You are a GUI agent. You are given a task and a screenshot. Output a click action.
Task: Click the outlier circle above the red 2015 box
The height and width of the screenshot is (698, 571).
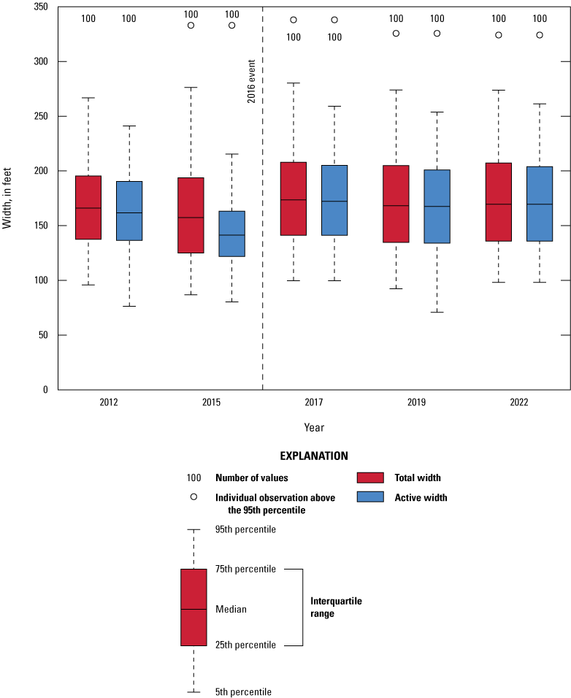pyautogui.click(x=191, y=25)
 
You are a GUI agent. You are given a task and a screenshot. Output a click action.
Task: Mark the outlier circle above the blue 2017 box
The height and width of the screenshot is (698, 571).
pyautogui.click(x=334, y=20)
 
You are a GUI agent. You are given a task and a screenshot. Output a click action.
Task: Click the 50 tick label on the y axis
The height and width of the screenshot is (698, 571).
pyautogui.click(x=42, y=335)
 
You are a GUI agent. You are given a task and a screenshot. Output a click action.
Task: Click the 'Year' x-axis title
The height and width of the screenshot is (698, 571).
pyautogui.click(x=314, y=427)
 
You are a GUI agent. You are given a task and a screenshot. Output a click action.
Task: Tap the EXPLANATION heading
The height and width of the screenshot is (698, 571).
pyautogui.click(x=314, y=456)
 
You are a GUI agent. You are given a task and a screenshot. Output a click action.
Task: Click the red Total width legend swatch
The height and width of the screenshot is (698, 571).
pyautogui.click(x=370, y=478)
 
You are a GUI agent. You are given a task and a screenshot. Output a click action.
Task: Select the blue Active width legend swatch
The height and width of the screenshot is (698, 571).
pyautogui.click(x=370, y=497)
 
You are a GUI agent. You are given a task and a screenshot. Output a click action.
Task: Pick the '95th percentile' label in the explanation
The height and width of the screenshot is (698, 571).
pyautogui.click(x=245, y=529)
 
